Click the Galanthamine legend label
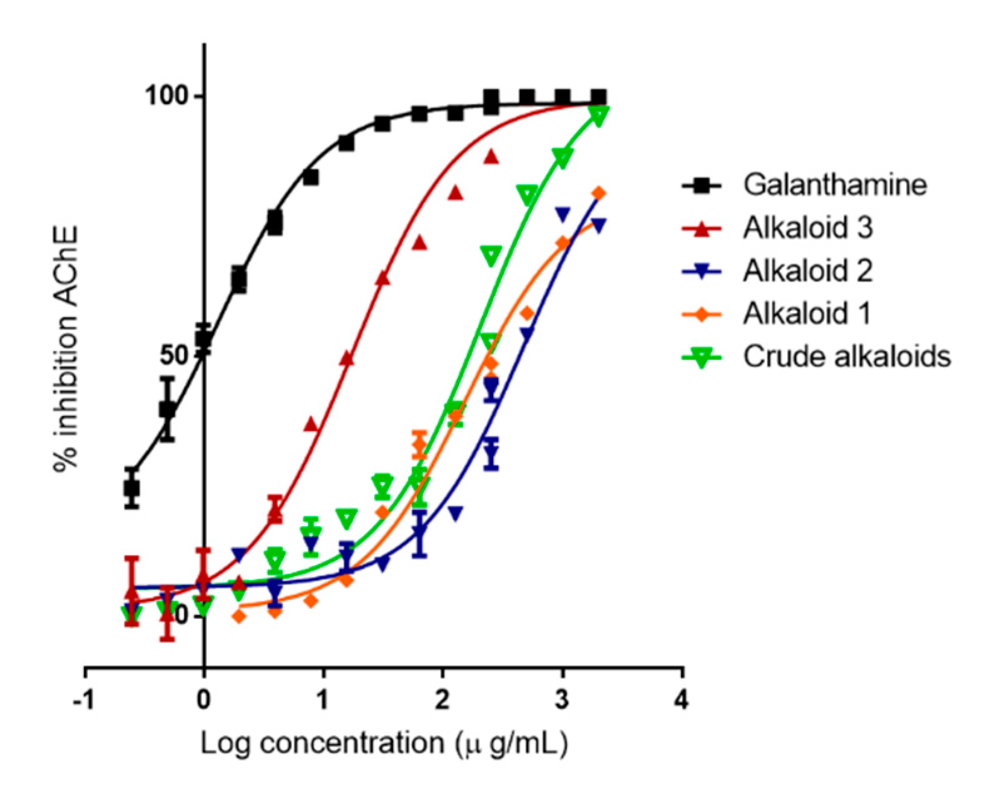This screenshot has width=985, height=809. pos(834,185)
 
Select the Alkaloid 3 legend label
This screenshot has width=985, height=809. pos(807,228)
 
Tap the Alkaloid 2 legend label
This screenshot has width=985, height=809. pos(807,271)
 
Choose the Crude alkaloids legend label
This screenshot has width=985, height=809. pos(846,356)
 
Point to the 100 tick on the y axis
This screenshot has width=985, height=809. pos(166,96)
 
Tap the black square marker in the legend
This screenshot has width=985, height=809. pos(702,185)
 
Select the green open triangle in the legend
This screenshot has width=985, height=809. pos(702,357)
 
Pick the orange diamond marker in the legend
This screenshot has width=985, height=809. pos(702,314)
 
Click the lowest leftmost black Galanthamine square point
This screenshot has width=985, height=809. pos(131,488)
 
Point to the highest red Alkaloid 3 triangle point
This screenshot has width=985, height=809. pos(491,156)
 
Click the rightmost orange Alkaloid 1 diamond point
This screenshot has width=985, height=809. pos(599,193)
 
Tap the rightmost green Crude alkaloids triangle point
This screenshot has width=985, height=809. pos(599,116)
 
